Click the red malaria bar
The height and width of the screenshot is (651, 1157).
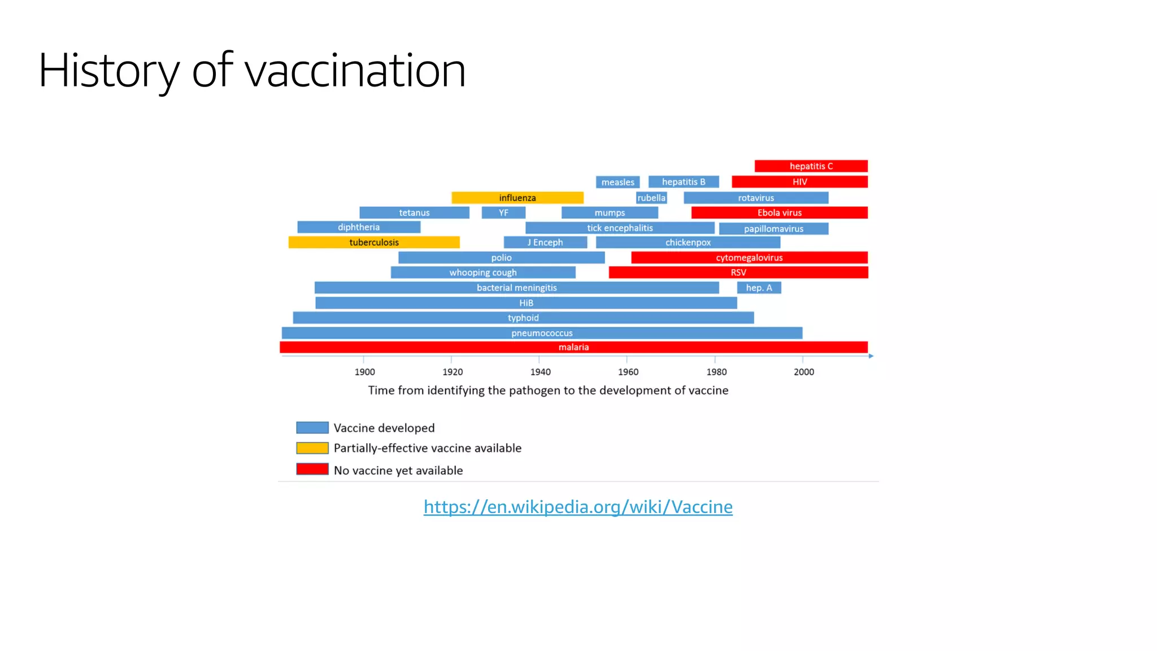pos(573,347)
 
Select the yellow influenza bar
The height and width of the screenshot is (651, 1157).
pos(517,198)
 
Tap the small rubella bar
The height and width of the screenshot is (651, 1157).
pos(651,198)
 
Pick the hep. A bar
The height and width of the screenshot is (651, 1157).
pos(759,288)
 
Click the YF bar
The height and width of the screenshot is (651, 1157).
pos(503,212)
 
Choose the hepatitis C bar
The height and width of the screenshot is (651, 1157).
pos(811,166)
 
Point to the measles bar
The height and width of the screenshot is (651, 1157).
pos(617,182)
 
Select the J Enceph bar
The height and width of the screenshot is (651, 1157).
pos(545,242)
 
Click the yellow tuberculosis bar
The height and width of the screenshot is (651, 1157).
pos(374,242)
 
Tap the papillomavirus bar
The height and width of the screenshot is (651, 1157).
pos(773,229)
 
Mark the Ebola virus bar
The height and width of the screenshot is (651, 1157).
pos(779,212)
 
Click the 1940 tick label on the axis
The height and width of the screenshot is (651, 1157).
pos(540,372)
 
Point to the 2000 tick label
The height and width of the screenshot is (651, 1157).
pos(803,372)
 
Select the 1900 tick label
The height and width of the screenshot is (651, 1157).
pos(364,372)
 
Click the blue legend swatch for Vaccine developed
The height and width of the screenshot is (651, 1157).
pos(312,428)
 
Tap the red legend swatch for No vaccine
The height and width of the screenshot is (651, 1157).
pos(312,469)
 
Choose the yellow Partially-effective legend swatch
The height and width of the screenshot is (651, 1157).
pos(312,448)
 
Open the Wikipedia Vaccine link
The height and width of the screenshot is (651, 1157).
pos(578,507)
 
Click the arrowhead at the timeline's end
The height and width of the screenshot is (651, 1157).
pos(871,356)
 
